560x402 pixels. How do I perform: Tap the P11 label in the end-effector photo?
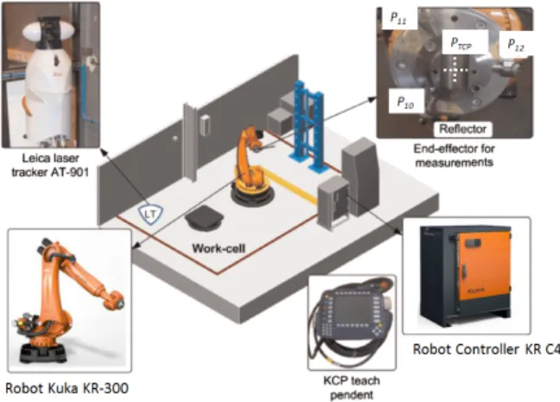coord(399,18)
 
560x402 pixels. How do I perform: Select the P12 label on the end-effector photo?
coord(516,44)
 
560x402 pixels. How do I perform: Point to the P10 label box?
coord(406,101)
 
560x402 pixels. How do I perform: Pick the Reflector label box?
coord(463,129)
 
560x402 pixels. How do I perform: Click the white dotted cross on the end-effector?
coord(455,70)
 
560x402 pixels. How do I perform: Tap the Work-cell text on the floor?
coord(219,248)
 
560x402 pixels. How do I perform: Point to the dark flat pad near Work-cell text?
coord(204,218)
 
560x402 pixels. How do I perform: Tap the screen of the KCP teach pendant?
coord(350,309)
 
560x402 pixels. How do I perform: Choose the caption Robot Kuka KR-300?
coord(67,388)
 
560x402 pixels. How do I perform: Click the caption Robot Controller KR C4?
coord(486,349)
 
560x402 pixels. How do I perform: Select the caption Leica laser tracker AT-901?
coord(50,165)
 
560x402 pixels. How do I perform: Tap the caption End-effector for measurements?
coord(455,156)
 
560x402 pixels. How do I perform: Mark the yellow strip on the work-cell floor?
coord(290,186)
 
